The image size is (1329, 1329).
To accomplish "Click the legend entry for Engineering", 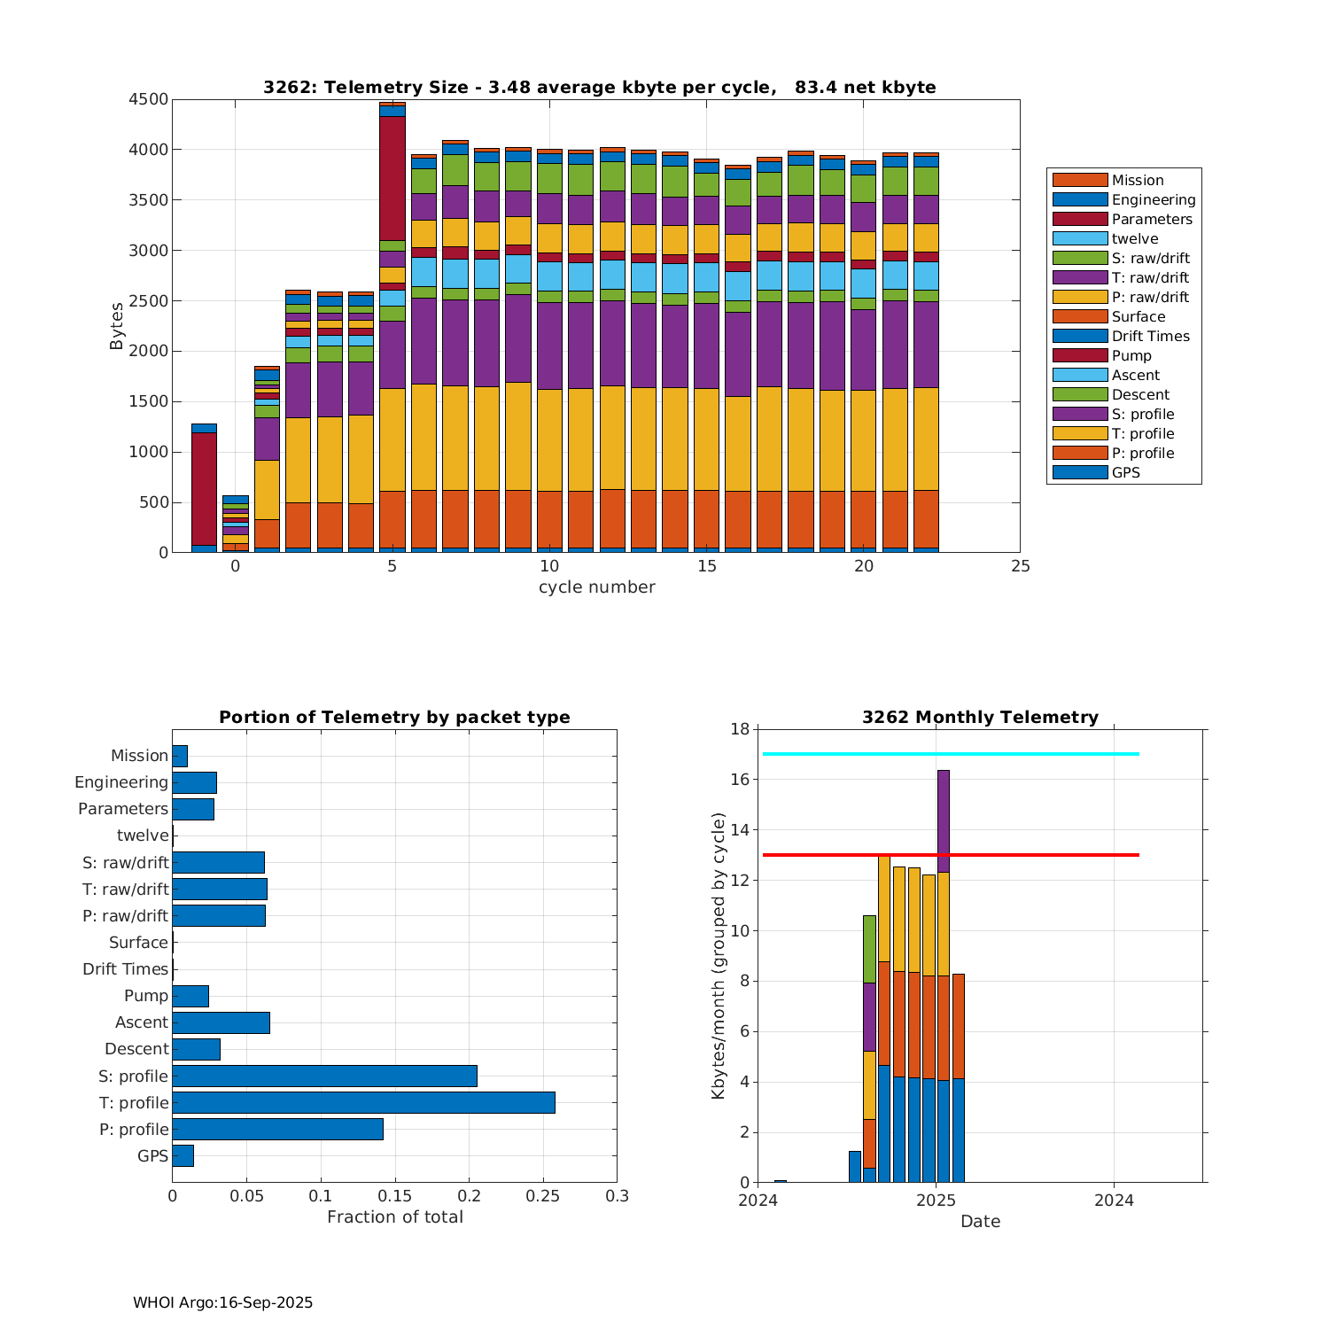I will click(x=1153, y=200).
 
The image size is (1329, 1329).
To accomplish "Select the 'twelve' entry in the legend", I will click(x=1135, y=239).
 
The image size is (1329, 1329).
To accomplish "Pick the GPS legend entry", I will click(x=1125, y=473).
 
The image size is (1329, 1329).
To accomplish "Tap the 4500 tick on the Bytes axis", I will click(x=148, y=99).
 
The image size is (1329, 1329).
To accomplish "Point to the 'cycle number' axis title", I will click(x=596, y=587).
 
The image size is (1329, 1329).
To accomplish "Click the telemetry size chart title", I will click(x=599, y=87).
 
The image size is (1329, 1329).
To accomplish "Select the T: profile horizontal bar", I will click(x=363, y=1102).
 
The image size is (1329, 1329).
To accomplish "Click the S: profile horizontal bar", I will click(x=324, y=1076).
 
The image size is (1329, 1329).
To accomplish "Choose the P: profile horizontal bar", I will click(x=277, y=1129).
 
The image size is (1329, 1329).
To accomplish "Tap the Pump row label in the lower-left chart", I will click(x=145, y=996).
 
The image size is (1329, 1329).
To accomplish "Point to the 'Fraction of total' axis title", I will click(x=394, y=1217).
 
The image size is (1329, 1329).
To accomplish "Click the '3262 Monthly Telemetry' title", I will click(x=980, y=718).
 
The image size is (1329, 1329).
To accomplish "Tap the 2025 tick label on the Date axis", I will click(x=936, y=1201).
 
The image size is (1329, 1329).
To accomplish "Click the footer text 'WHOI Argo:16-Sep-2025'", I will click(x=222, y=1302).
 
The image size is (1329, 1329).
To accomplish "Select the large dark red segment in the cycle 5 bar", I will click(x=392, y=177).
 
